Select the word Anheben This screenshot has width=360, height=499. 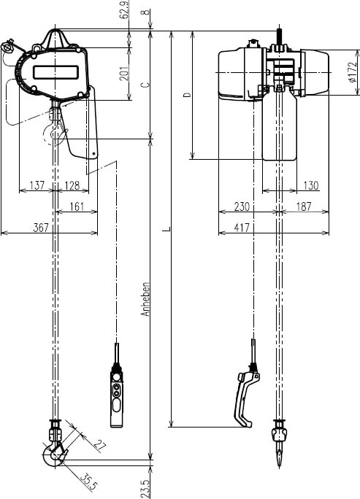146,298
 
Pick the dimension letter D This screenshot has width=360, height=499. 186,95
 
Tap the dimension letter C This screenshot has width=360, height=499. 145,85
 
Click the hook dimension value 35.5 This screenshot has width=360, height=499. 88,481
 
